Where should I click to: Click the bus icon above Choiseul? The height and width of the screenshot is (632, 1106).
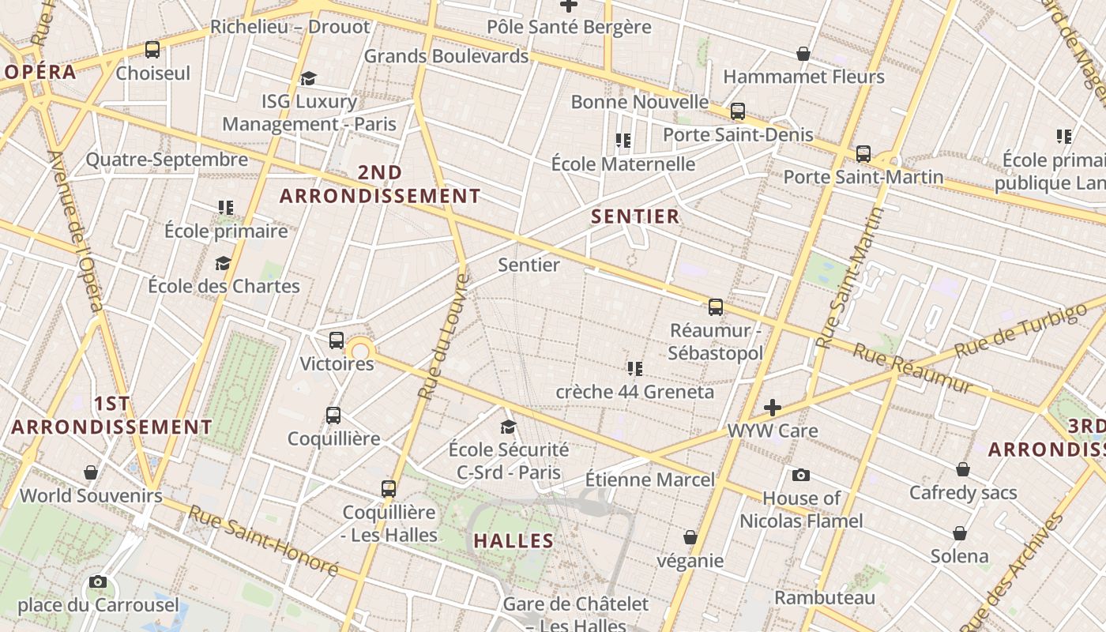coord(152,50)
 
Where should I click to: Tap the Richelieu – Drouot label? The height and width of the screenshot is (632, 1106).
coord(289,27)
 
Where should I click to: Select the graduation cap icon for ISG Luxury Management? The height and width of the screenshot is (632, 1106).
coord(308,78)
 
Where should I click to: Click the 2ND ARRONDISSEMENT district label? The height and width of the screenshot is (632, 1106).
coord(380,184)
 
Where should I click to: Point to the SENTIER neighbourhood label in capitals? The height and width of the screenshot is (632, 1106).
coord(635,216)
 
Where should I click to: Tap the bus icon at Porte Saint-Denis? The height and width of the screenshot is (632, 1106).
coord(737,111)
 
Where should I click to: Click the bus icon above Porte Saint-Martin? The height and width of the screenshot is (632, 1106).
coord(863,153)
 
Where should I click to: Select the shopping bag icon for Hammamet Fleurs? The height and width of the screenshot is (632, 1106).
coord(803,54)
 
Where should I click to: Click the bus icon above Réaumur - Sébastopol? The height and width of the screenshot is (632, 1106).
coord(716,307)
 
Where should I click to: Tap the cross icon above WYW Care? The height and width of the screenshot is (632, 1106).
coord(773,408)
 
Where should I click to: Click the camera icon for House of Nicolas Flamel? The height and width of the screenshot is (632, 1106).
coord(801,475)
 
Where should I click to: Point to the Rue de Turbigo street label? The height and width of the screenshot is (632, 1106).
coord(1020,329)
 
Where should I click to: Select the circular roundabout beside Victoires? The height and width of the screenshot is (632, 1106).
coord(360,352)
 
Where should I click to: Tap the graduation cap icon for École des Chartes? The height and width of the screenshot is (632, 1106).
coord(224,263)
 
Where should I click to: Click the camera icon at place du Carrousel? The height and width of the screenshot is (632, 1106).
coord(98,582)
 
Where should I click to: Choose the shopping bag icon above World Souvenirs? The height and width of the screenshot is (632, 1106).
coord(91,472)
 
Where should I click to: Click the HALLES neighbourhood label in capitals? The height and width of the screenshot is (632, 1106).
coord(513,541)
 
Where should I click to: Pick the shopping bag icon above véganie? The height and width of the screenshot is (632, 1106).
coord(690,537)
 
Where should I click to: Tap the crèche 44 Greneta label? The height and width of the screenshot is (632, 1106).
coord(634,392)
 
